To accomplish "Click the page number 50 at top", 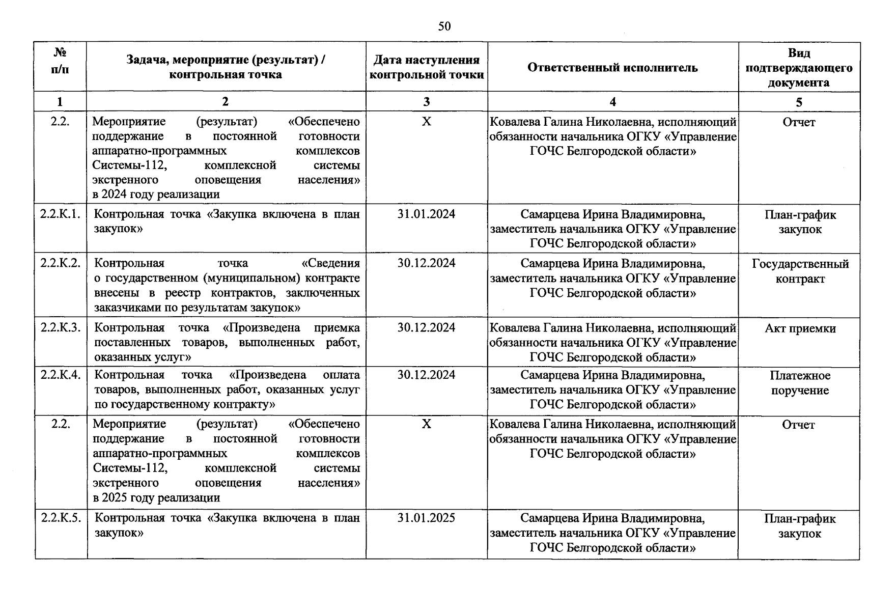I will (444, 26).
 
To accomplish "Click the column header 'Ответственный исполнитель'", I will (612, 68).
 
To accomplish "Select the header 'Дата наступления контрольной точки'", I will (426, 68).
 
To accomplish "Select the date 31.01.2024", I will (426, 214).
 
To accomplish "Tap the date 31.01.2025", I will (426, 518).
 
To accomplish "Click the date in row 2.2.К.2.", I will (426, 263).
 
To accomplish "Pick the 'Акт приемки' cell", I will (800, 328).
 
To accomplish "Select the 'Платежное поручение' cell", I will (800, 383).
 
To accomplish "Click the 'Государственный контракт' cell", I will (800, 271).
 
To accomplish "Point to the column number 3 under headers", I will (426, 102).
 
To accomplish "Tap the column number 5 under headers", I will (799, 102).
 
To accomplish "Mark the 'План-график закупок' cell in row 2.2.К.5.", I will (800, 526).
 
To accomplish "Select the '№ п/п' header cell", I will (60, 61).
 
